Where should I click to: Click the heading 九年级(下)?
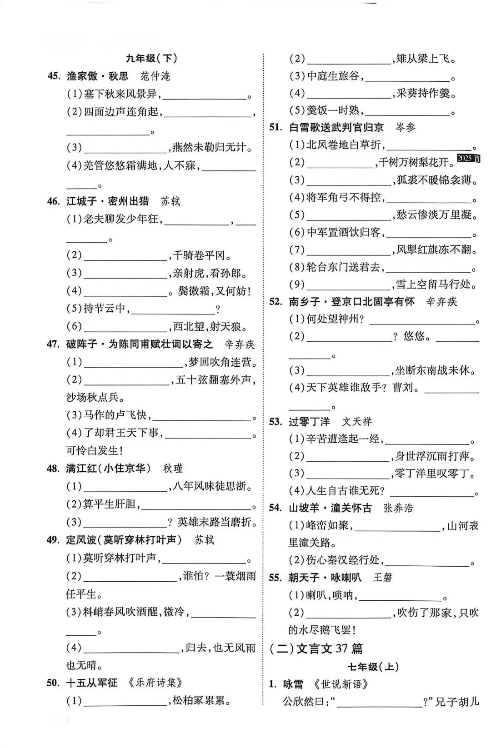151,58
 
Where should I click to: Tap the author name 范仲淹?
155,76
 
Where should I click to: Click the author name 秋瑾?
173,468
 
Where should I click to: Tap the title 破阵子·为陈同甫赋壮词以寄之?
140,344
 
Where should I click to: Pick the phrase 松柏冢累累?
201,701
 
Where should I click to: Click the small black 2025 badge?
469,158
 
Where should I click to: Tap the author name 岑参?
405,127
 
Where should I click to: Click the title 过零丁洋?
309,421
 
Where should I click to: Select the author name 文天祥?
357,421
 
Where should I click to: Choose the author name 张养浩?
398,508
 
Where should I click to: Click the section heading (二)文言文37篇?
316,648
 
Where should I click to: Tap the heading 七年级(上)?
373,667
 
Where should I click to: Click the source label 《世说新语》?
341,684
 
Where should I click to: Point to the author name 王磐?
382,577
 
